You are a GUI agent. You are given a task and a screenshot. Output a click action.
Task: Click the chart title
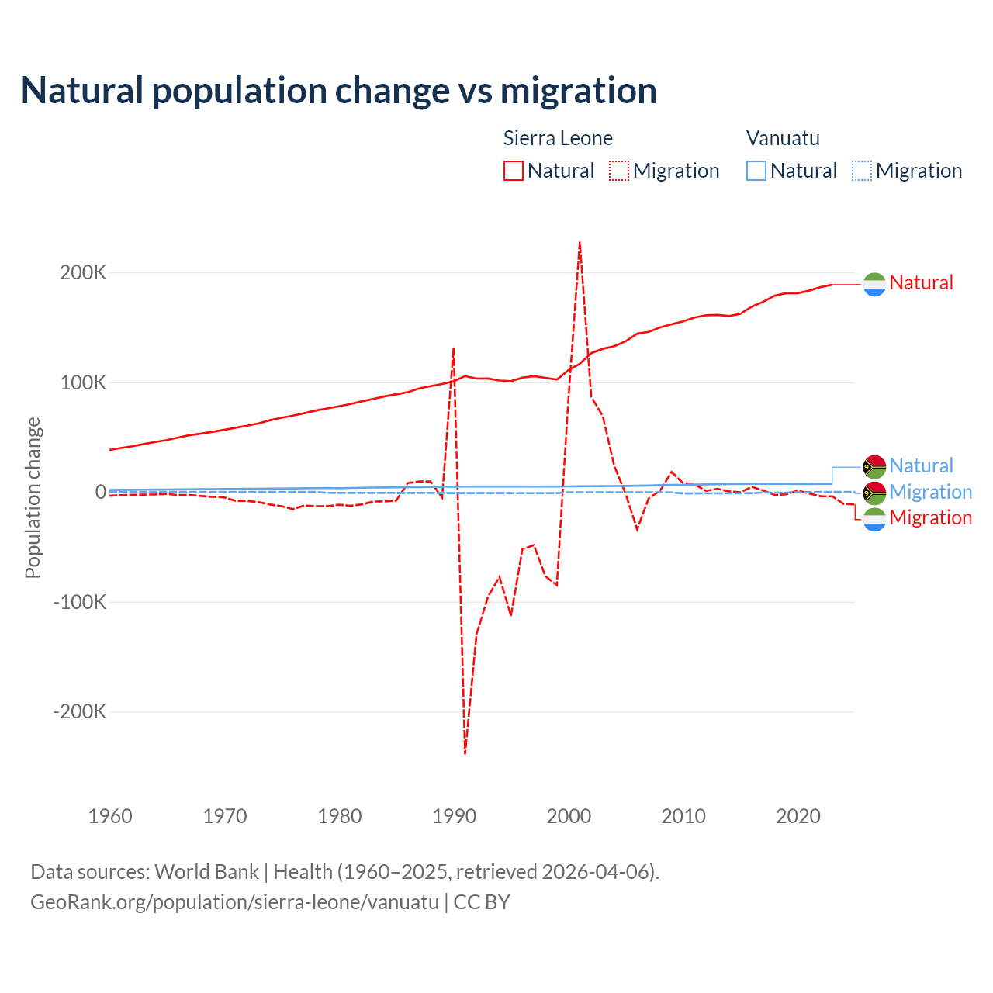(x=339, y=91)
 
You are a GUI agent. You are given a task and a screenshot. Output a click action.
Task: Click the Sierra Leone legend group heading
(x=558, y=138)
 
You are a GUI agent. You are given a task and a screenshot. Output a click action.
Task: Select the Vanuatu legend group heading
(x=783, y=138)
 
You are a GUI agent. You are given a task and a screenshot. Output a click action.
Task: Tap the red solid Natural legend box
(x=514, y=171)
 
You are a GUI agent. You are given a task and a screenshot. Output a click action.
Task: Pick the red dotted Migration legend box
(x=619, y=171)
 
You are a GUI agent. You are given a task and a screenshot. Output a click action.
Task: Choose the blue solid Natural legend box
(x=756, y=171)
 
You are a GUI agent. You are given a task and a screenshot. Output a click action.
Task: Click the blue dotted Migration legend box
(x=862, y=171)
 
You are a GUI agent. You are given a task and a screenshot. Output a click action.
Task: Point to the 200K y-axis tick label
(x=83, y=273)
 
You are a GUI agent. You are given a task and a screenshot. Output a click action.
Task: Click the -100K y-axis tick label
(x=79, y=602)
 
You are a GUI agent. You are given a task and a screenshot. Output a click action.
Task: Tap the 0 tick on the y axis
(x=101, y=492)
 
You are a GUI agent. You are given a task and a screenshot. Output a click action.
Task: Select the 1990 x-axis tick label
(x=455, y=816)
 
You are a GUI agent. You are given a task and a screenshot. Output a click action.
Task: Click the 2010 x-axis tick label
(x=683, y=816)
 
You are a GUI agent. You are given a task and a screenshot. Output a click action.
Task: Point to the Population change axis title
(x=33, y=497)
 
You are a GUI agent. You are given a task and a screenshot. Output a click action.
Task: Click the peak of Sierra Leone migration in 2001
(x=580, y=243)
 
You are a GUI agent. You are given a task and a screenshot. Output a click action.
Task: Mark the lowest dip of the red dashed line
(x=465, y=753)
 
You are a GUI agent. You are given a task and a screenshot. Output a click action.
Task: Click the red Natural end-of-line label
(x=921, y=283)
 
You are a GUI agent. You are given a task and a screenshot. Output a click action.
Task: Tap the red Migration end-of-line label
(x=930, y=518)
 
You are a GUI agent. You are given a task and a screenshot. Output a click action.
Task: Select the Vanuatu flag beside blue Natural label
(x=874, y=466)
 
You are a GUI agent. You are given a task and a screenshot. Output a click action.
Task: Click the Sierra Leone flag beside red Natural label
(x=874, y=284)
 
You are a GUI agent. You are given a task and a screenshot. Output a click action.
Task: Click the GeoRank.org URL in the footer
(x=234, y=902)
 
